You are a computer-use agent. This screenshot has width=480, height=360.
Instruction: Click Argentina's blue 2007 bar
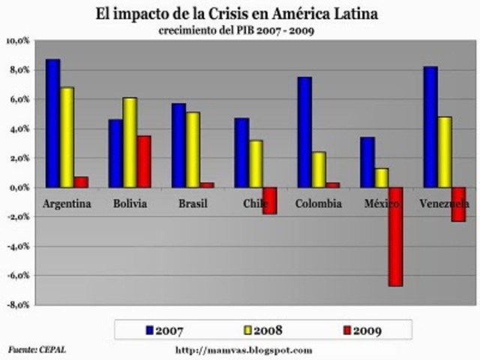tap(52, 123)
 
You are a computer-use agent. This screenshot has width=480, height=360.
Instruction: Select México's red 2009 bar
tap(395, 236)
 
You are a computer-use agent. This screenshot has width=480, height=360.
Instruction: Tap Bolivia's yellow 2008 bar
tap(130, 142)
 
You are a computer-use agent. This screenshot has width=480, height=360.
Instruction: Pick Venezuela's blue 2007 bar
tap(430, 127)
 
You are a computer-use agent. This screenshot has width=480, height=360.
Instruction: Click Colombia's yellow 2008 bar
tap(319, 169)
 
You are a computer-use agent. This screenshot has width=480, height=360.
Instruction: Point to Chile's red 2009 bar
tap(270, 200)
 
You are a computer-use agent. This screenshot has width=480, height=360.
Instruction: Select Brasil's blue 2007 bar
tap(178, 145)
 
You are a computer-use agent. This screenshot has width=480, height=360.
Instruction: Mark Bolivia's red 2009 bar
tap(144, 161)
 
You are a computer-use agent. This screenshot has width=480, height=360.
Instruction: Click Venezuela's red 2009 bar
tap(458, 204)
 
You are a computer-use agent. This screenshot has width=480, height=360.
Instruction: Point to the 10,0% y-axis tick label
tap(18, 40)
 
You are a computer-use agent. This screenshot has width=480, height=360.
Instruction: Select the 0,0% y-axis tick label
tap(19, 187)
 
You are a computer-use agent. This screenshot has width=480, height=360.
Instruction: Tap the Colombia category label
tap(318, 204)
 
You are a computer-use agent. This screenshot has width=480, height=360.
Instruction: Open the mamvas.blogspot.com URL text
tap(243, 349)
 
